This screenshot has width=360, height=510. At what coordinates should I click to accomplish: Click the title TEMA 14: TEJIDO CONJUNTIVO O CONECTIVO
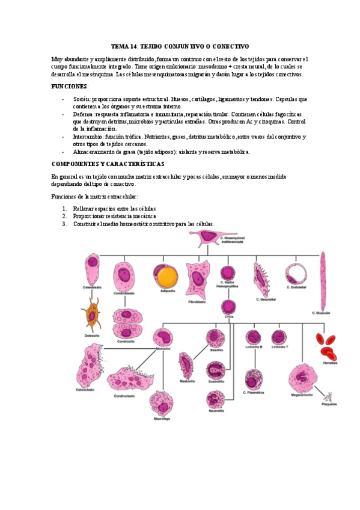tap(180, 46)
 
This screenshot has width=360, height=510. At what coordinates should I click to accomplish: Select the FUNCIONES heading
tap(71, 87)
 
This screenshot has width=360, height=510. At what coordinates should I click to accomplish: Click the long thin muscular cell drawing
tap(323, 280)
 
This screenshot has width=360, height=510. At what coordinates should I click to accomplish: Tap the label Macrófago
tap(159, 417)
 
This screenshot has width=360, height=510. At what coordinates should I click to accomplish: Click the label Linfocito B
tap(254, 347)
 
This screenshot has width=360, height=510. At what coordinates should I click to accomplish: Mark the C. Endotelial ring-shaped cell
tap(296, 274)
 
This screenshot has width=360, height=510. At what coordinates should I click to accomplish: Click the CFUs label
tap(228, 316)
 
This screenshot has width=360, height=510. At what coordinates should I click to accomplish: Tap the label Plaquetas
tap(328, 404)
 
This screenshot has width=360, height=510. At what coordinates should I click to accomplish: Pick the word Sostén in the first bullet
tap(82, 99)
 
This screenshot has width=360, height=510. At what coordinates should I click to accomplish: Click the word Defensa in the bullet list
tap(84, 114)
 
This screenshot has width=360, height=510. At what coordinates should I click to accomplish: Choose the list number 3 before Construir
tap(64, 224)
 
